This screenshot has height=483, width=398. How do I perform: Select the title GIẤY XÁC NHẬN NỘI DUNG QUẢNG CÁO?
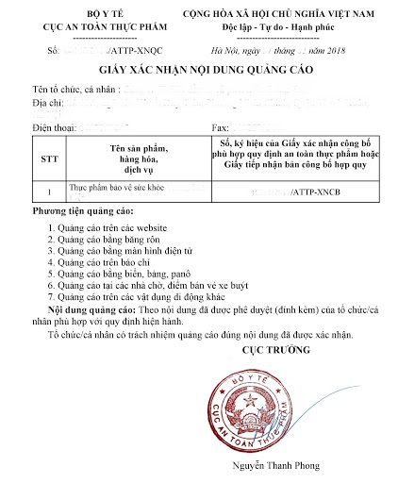(200, 72)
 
